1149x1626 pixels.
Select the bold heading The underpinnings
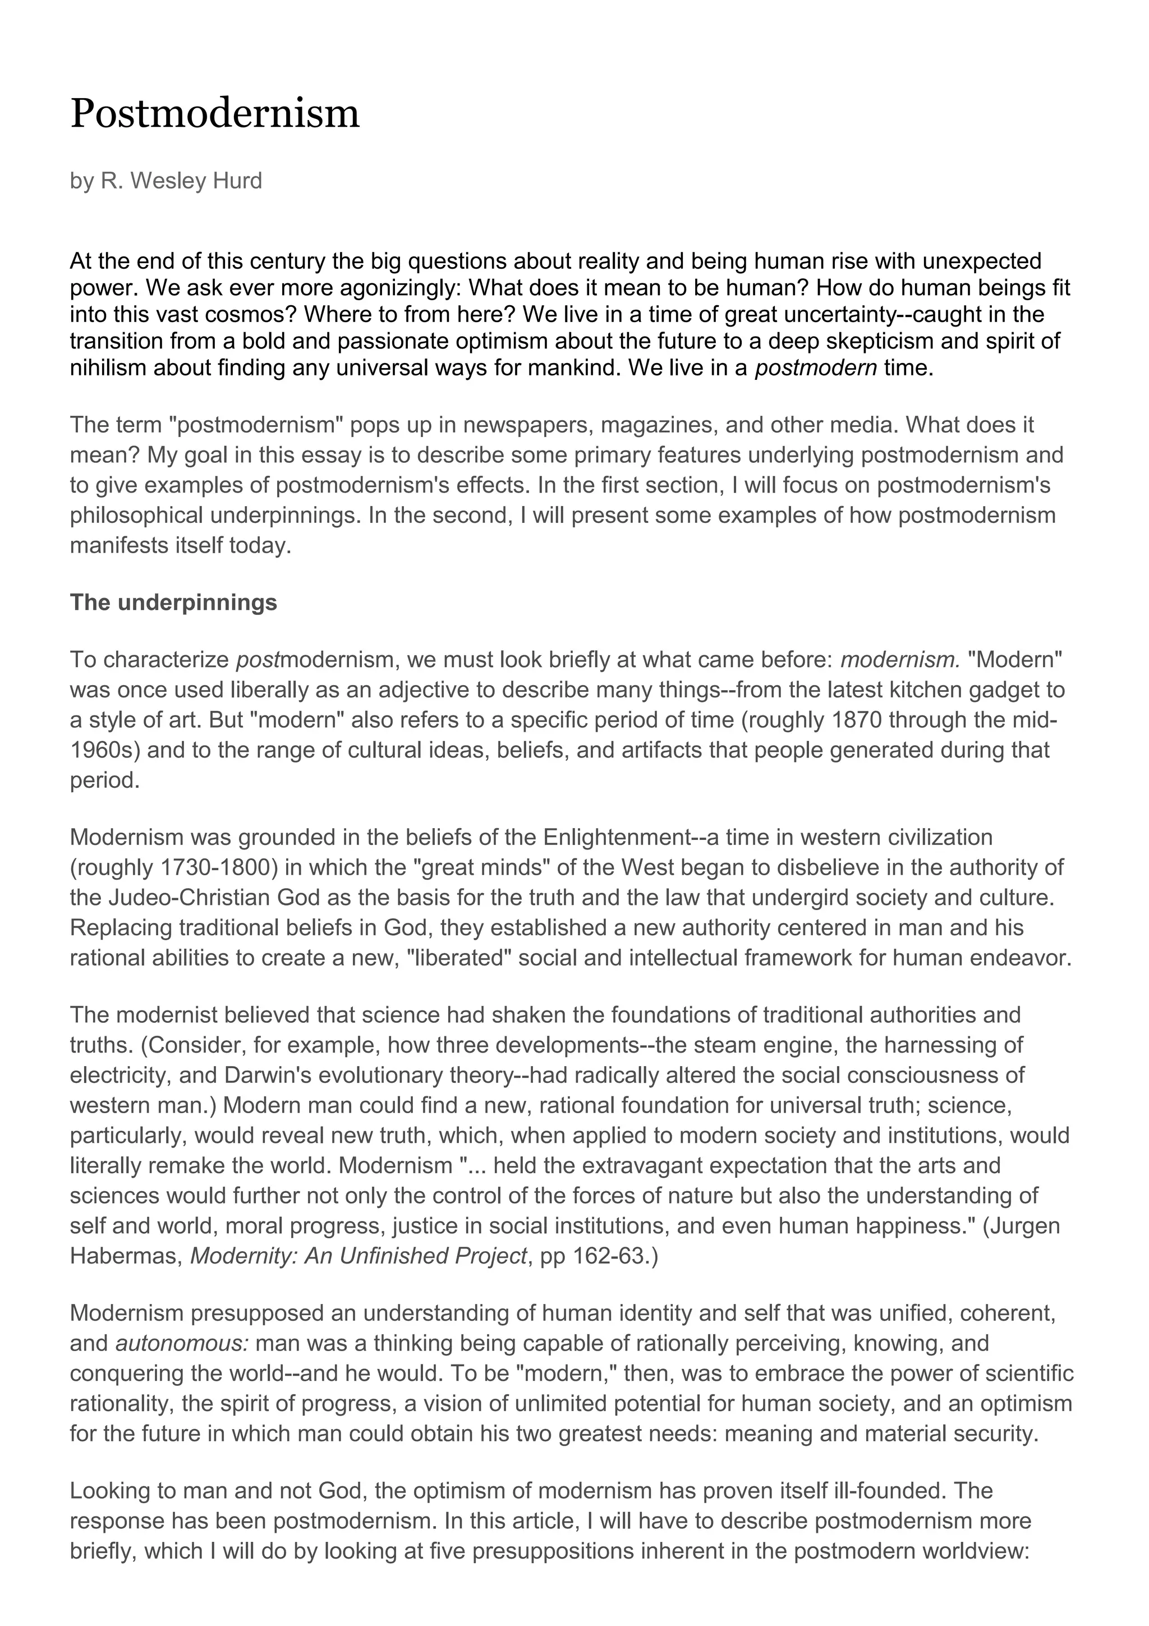coord(173,603)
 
